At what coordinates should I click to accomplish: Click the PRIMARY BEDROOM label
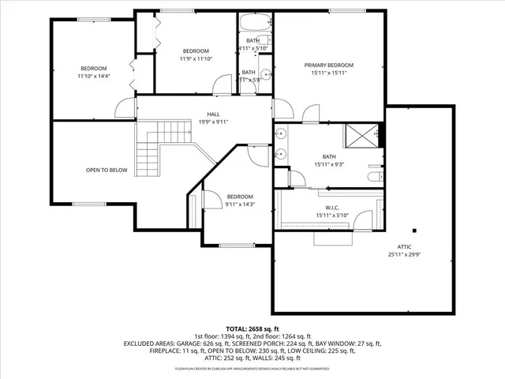coord(329,65)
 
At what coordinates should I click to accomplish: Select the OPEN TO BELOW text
coord(107,170)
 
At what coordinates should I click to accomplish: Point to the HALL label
coord(213,114)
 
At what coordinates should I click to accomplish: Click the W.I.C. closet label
coord(331,208)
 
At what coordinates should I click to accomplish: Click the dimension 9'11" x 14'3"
coord(240,204)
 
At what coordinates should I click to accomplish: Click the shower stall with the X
coord(365,137)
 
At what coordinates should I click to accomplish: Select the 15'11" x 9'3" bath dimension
coord(329,164)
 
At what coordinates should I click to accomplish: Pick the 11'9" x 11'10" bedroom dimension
coord(196,58)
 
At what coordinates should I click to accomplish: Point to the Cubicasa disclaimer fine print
coord(252,368)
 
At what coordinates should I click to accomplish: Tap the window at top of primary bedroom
coord(341,9)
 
